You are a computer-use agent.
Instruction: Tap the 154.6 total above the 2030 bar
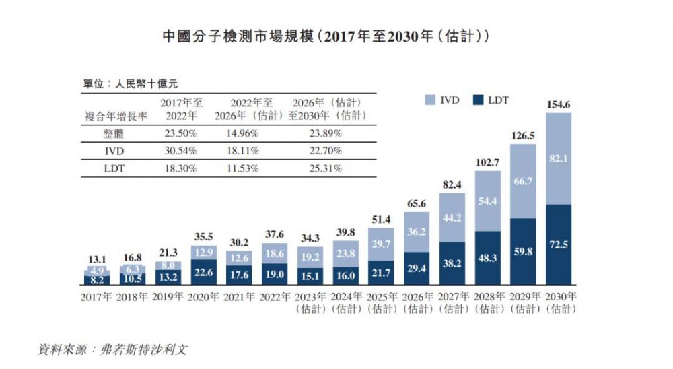click(558, 104)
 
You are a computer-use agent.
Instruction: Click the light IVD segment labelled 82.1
click(558, 158)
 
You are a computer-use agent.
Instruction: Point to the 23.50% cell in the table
click(180, 133)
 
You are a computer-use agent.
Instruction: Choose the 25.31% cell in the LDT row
click(326, 168)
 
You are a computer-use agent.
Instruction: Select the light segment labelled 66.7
click(523, 182)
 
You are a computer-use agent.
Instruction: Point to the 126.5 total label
click(523, 135)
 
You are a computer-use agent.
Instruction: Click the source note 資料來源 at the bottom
click(118, 350)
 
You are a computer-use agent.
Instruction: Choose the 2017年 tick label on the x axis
click(96, 296)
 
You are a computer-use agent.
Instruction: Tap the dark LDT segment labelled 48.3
click(487, 258)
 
